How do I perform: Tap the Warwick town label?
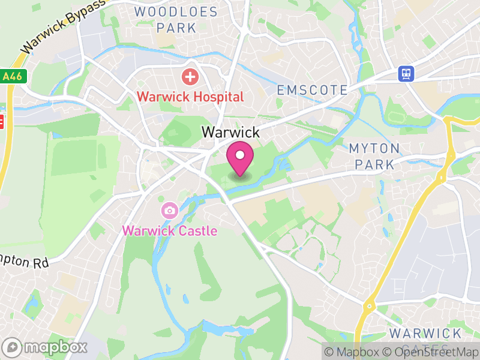230,132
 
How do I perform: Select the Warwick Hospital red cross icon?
190,77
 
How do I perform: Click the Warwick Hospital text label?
190,97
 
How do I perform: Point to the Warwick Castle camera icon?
169,210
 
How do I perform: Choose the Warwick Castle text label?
170,230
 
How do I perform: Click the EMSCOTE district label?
312,91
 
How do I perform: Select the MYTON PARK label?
374,156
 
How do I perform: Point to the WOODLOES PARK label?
166,19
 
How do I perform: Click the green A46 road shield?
10,76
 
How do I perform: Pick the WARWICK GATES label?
425,340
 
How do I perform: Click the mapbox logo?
46,347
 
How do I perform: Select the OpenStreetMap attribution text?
436,352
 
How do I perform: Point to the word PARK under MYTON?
374,164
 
